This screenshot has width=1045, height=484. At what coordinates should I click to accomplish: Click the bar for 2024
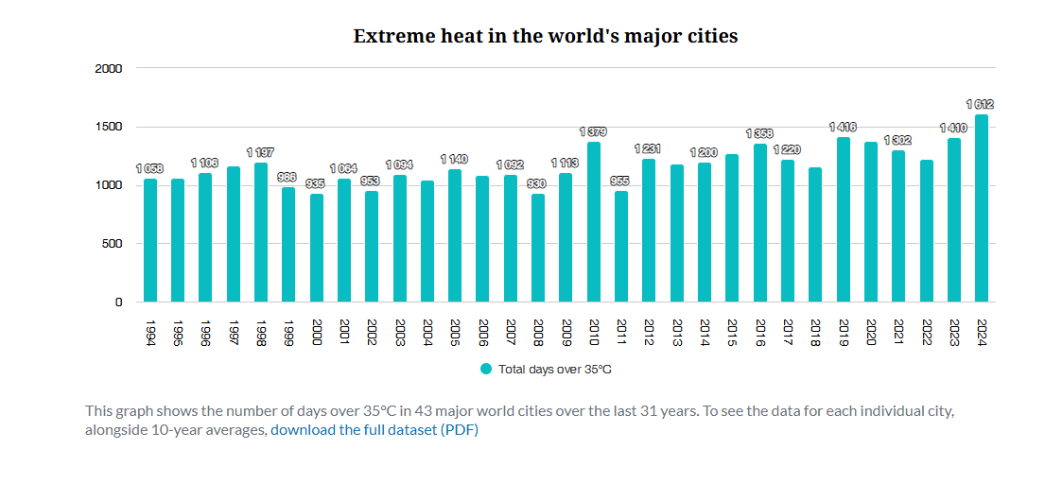coord(982,208)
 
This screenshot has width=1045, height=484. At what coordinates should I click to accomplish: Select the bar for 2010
coord(594,222)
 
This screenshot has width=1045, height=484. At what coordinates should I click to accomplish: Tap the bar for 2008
coord(538,248)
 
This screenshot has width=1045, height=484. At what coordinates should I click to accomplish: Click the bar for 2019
coord(843,219)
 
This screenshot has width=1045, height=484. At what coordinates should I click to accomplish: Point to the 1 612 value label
coord(980,104)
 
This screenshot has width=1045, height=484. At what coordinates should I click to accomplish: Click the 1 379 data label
coord(594,131)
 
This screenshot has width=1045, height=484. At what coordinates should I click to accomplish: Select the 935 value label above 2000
coord(316,183)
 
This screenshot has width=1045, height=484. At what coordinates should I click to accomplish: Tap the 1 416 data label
coord(843,127)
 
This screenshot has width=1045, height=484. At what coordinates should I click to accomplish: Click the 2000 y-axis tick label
coord(109,68)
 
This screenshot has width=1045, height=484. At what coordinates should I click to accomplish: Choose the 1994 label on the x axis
coord(150,333)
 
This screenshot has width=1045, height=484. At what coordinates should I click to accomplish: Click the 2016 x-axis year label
coord(759,333)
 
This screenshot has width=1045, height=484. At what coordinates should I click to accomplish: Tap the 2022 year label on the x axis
coord(926,333)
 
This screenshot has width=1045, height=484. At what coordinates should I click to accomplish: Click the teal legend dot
coord(486,369)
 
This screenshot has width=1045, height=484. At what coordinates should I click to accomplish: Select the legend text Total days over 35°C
coord(555,370)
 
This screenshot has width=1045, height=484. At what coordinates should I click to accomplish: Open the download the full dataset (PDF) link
coord(374,430)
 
